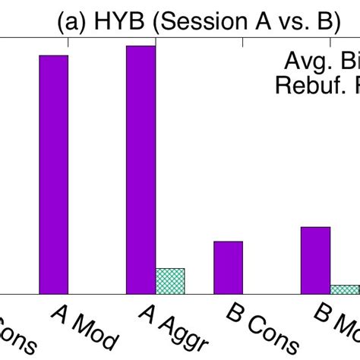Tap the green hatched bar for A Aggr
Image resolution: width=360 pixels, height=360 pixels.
point(170,280)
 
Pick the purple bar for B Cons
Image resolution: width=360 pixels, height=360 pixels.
point(228,267)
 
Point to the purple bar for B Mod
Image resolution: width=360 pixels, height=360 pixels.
point(315,260)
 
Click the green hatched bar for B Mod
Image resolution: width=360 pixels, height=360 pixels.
point(344,289)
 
